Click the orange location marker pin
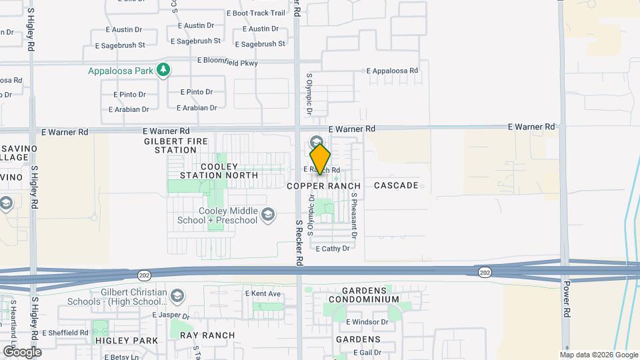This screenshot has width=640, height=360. coord(321,159)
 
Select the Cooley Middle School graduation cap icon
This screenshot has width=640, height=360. coord(268,214)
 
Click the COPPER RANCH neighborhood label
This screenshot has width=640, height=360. coord(324,186)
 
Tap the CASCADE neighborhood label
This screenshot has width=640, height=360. coord(397,185)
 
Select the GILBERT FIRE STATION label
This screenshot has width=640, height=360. coord(171,145)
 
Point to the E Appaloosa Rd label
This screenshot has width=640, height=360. coord(392,71)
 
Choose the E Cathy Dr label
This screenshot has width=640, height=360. coord(333,249)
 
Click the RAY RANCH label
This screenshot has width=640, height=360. coord(207,335)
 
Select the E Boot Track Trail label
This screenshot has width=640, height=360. coord(256,13)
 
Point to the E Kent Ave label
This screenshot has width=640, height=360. coord(263,293)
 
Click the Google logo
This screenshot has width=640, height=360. coord(22,351)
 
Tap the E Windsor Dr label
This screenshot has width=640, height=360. coord(367,322)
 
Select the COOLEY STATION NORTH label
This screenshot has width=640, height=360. coord(219,171)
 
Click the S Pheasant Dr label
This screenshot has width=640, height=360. coord(355,217)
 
